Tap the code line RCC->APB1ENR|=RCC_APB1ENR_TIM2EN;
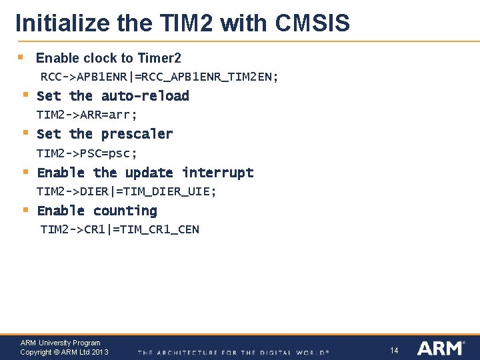(x=160, y=77)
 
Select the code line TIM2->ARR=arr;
(x=87, y=115)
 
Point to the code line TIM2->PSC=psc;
(x=87, y=153)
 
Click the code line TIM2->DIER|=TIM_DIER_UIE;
(x=127, y=191)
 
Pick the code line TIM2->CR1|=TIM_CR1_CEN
(x=120, y=229)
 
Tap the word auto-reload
(x=145, y=96)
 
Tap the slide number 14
(x=394, y=350)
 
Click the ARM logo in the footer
(x=441, y=348)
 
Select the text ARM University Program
(x=61, y=343)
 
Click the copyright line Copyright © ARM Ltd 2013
(x=64, y=352)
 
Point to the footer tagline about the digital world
(x=233, y=352)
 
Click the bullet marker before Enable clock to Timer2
(x=21, y=58)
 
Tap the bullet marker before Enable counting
(x=25, y=210)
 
